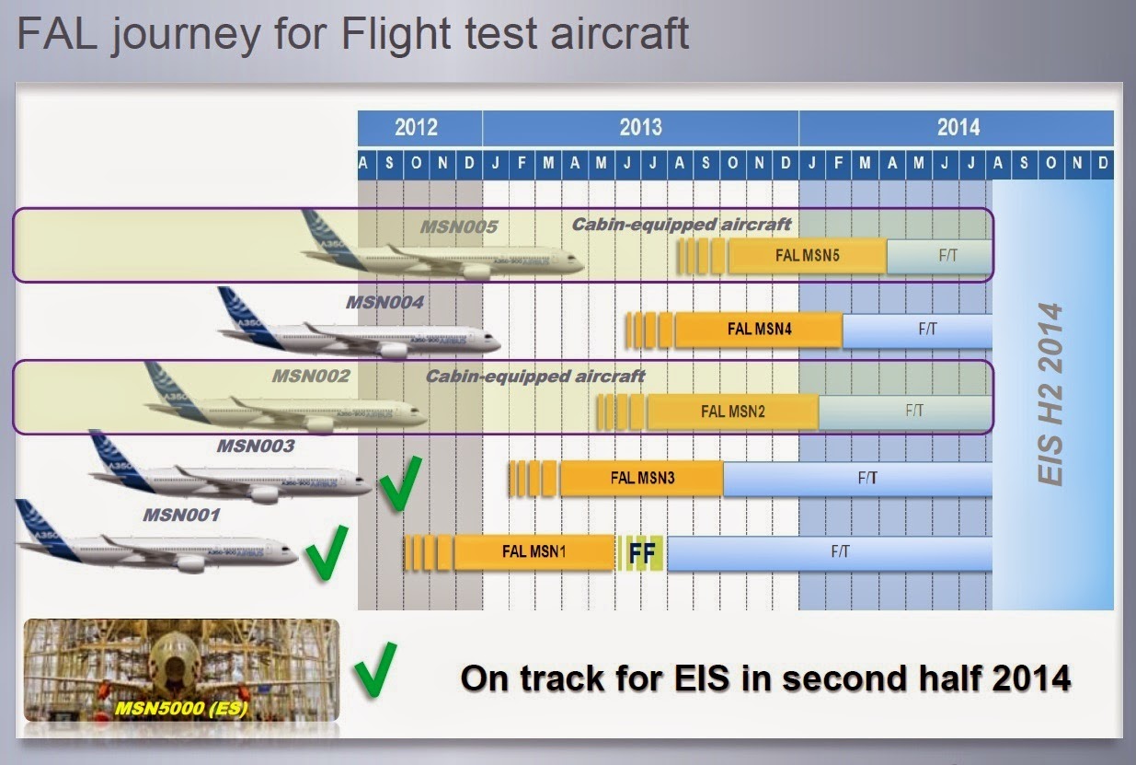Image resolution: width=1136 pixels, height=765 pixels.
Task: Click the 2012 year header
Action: click(417, 127)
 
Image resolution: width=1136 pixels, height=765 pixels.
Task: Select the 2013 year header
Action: click(640, 127)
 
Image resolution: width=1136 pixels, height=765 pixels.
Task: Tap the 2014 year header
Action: click(958, 127)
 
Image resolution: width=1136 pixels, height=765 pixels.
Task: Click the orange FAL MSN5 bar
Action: click(808, 256)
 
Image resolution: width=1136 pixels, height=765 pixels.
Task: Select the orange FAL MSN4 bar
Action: click(759, 330)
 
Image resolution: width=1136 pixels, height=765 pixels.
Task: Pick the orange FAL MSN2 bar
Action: click(732, 411)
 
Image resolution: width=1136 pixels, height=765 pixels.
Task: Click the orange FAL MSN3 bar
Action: click(642, 478)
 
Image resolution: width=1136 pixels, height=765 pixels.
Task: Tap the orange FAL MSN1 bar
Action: click(534, 551)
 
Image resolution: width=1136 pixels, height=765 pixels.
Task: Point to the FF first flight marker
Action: click(642, 552)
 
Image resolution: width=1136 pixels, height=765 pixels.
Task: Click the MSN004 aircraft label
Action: click(384, 301)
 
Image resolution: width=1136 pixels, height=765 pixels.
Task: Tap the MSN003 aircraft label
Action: click(255, 446)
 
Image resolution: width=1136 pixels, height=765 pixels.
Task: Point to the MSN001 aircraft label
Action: click(181, 515)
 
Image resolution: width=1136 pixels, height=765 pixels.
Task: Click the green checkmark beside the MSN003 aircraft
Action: click(401, 481)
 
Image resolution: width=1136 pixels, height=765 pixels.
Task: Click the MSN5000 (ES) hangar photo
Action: click(181, 668)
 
